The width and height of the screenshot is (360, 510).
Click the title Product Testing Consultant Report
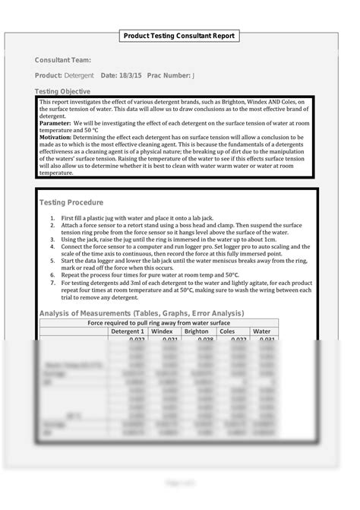click(180, 36)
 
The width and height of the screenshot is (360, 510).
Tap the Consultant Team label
click(62, 60)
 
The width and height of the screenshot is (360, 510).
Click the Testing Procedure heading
click(71, 203)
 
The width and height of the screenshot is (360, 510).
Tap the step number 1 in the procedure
click(52, 219)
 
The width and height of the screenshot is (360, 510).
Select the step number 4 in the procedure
click(52, 247)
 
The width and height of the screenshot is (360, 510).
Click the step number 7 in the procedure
click(52, 282)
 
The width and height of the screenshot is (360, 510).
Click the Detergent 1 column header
click(127, 331)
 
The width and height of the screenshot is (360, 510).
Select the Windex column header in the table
click(163, 331)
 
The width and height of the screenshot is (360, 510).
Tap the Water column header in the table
click(261, 331)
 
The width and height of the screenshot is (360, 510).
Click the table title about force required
click(159, 322)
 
